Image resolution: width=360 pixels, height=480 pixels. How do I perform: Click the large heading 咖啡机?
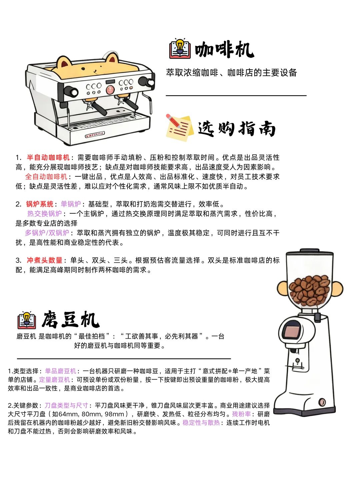coord(224,50)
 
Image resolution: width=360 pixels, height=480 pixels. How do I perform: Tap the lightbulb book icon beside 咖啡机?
coord(180,49)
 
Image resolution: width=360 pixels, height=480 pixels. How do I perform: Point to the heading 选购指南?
coord(237,129)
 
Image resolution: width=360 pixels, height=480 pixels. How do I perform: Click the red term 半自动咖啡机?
coord(48,157)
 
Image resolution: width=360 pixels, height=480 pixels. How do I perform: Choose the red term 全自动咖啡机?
coord(46,177)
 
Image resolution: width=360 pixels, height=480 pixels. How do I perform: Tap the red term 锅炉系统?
coord(40,204)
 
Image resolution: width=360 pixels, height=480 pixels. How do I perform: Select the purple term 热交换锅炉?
coord(45,214)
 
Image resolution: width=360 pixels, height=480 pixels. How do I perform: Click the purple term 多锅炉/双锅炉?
coord(47,233)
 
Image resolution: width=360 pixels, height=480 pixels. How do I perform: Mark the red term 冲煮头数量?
coord(45,260)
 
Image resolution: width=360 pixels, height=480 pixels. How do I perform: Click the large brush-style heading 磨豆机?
coord(70,320)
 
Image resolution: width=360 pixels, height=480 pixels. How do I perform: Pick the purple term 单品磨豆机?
coord(60,371)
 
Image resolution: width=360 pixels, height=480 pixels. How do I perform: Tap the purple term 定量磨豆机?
coord(54,380)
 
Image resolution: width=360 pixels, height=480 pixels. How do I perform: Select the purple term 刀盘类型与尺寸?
coord(66,405)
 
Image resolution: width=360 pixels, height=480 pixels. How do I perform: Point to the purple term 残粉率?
coord(241,414)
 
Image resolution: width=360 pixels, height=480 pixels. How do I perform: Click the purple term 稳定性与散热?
coord(201,423)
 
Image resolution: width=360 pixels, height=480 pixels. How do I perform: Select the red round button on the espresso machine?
coord(110,89)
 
